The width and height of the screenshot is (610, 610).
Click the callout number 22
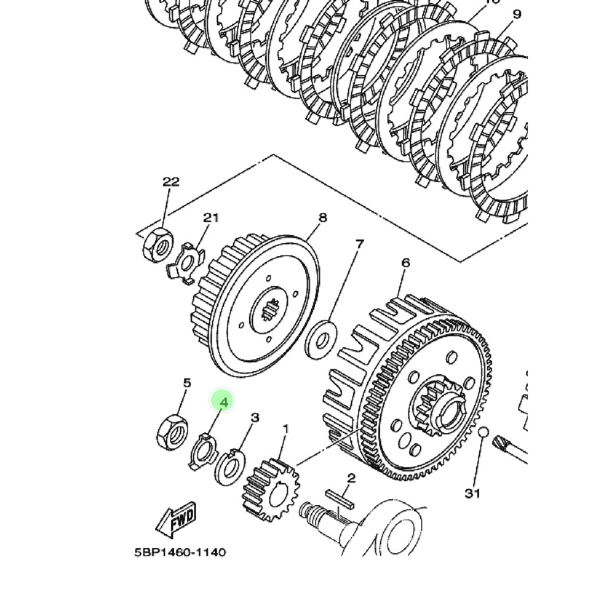(171, 182)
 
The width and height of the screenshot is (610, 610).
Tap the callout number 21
(211, 217)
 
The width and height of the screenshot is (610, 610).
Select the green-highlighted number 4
(223, 402)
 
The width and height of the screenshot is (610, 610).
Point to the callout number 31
(472, 493)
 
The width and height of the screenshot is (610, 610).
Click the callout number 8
(322, 217)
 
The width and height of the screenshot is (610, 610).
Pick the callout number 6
(406, 263)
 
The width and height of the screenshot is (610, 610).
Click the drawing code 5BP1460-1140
(180, 552)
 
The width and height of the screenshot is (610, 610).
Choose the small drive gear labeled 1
(266, 488)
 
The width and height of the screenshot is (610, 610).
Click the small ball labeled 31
(483, 432)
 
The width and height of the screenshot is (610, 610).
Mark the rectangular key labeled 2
(340, 499)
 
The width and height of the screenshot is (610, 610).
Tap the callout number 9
(516, 14)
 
